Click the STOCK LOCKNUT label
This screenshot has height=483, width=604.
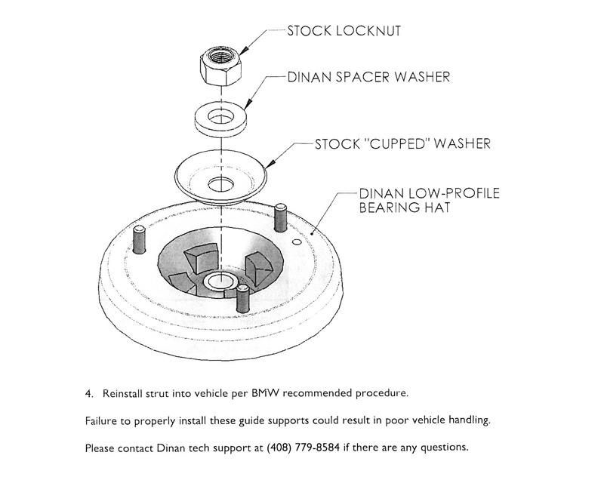pos(344,31)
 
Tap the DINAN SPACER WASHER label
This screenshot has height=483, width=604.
pos(368,77)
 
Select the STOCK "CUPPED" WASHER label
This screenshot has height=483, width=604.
pos(403,143)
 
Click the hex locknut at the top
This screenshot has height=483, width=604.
pos(220,67)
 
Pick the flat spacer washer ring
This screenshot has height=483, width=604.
pos(220,122)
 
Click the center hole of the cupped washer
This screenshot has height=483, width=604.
pos(220,184)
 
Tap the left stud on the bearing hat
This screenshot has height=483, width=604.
pos(139,239)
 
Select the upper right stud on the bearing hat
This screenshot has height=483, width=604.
pos(280,218)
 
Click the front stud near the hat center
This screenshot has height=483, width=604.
pos(242,299)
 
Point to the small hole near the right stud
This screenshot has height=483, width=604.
pos(296,241)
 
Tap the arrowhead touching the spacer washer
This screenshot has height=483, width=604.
pos(248,103)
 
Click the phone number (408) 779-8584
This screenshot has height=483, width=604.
pos(304,448)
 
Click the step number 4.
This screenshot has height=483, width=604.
pos(89,394)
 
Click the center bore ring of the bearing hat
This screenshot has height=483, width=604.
pos(220,281)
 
